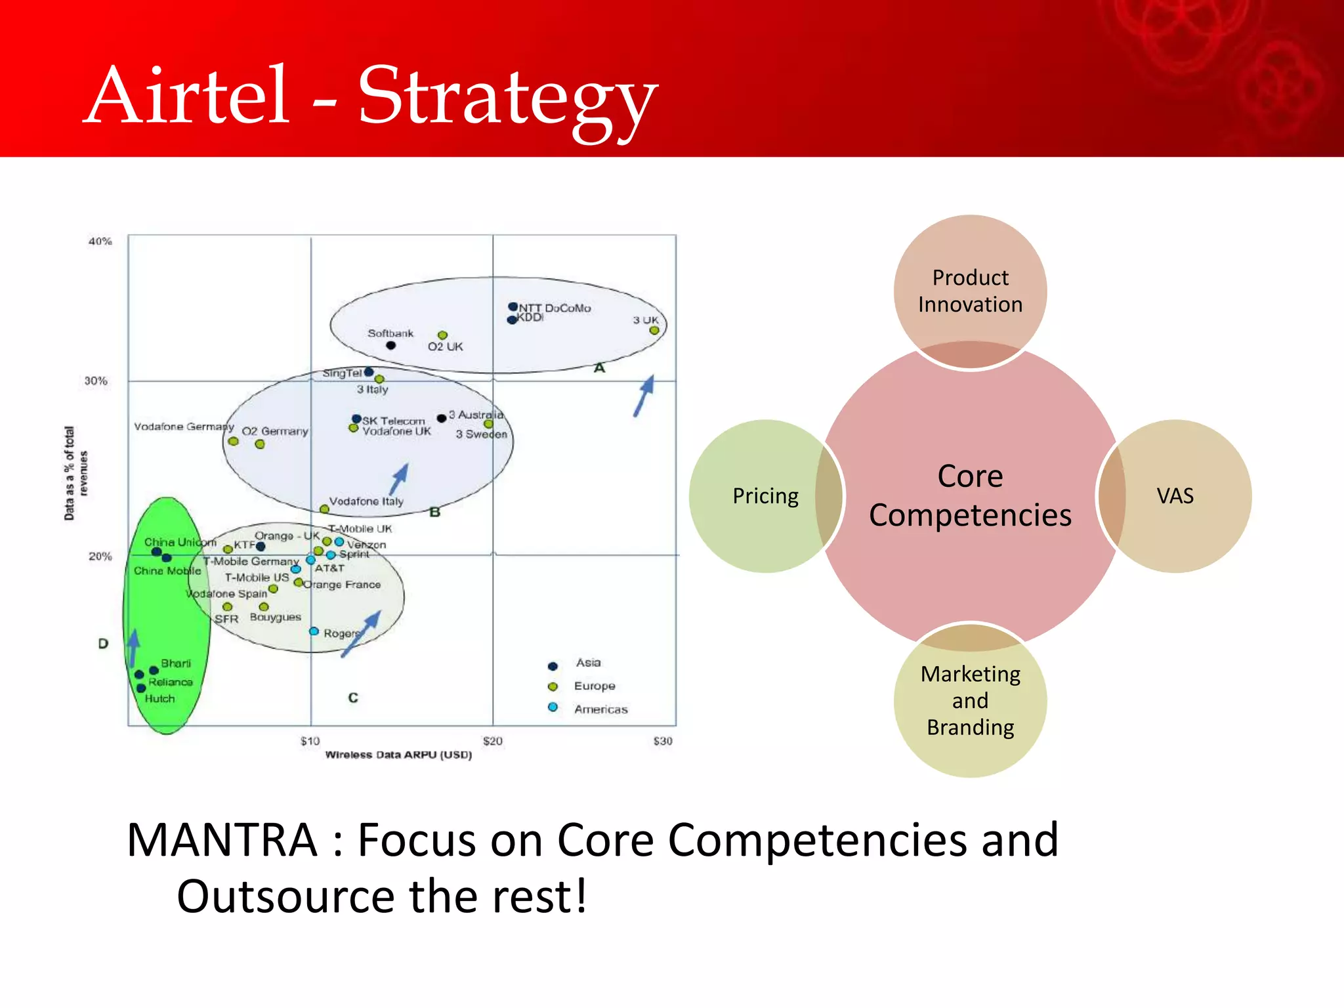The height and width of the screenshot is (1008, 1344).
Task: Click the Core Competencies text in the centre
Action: [x=970, y=495]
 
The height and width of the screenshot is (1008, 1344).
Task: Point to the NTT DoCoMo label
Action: [x=555, y=308]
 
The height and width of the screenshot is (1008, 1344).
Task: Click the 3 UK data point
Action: [x=654, y=330]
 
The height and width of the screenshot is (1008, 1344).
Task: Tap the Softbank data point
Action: [x=390, y=345]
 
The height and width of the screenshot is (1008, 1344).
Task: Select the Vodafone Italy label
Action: [x=366, y=501]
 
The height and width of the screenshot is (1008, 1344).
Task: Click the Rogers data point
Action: [x=314, y=631]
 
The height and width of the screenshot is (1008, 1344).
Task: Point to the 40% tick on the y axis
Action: [x=100, y=241]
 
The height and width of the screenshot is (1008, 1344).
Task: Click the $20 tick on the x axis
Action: [x=492, y=741]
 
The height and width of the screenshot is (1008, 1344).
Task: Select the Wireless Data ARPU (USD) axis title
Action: [x=398, y=755]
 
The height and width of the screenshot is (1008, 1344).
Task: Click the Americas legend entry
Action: [x=600, y=709]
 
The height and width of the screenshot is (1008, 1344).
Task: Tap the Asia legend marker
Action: [x=553, y=666]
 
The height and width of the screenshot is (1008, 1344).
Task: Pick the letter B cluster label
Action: [x=434, y=512]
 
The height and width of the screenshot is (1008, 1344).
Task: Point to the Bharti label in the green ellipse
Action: [x=175, y=663]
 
